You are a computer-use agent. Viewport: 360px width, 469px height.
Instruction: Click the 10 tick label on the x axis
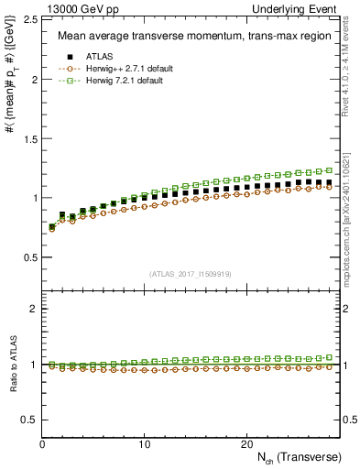click(x=144, y=443)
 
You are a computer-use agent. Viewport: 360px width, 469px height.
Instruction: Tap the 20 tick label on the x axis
click(x=245, y=443)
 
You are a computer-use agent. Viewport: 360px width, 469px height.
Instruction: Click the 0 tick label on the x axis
click(x=42, y=443)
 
